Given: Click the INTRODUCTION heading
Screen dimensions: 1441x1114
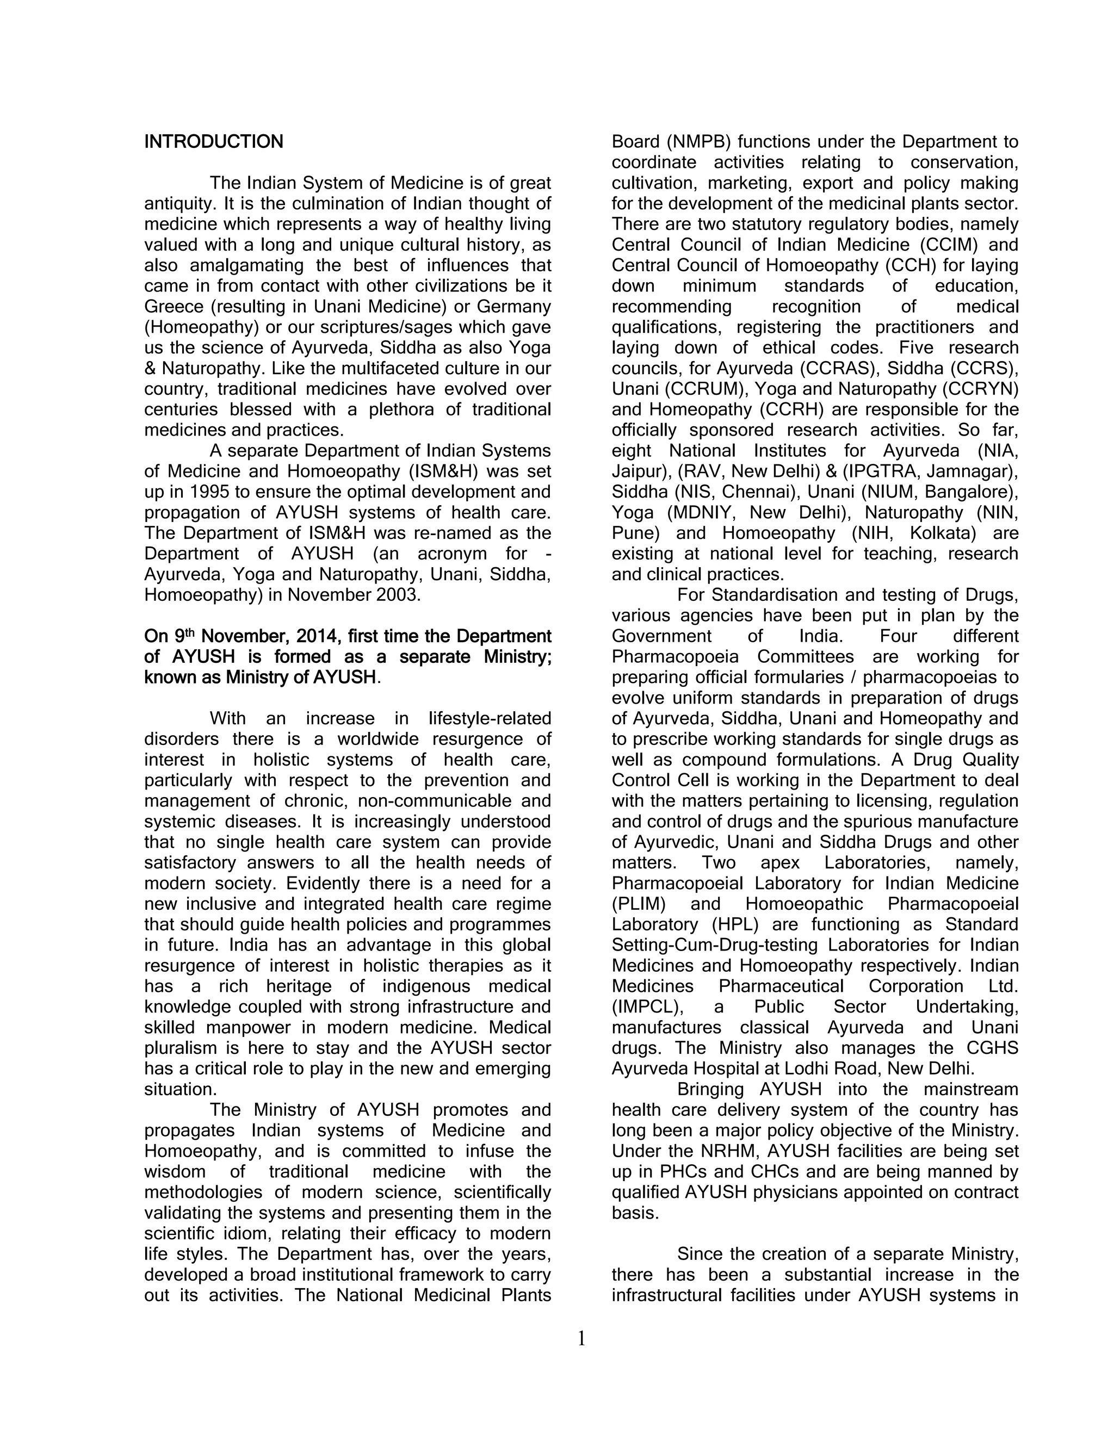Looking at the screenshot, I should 214,142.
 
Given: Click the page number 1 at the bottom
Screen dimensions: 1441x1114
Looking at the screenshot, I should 581,1339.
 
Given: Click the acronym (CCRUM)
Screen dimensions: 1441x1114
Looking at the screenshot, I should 711,389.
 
